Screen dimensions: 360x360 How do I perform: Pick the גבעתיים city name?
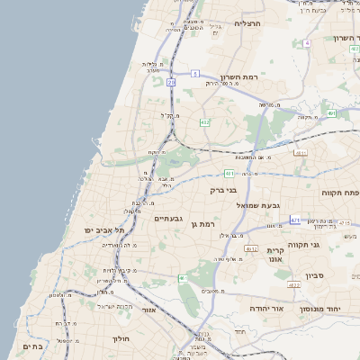click(169, 219)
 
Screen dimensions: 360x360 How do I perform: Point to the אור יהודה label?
click(265, 309)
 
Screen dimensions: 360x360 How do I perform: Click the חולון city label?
click(121, 339)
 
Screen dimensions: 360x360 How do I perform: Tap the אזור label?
click(149, 310)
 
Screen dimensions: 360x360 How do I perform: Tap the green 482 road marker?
click(204, 122)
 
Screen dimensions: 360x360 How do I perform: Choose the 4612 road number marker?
click(252, 249)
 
